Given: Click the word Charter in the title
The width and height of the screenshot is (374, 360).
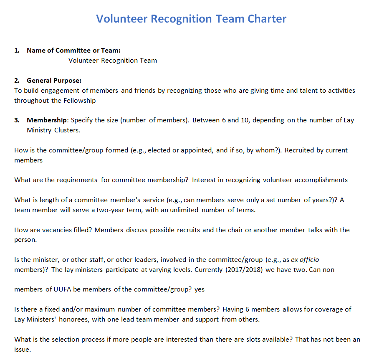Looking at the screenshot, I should [x=267, y=19].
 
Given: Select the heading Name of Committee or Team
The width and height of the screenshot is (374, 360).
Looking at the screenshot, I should [x=73, y=51].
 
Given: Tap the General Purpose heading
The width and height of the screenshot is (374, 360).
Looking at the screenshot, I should [x=54, y=81].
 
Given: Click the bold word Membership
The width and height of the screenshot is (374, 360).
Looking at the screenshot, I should [x=47, y=120].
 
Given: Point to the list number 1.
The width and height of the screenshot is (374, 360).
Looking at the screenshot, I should [x=17, y=51].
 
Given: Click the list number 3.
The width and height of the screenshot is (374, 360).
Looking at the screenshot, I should [x=17, y=120].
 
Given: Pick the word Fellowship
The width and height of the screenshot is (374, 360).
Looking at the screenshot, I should [x=79, y=101].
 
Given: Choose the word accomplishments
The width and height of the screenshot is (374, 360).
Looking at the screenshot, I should [x=321, y=180].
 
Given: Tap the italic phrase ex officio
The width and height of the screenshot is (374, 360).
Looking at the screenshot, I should [x=305, y=260].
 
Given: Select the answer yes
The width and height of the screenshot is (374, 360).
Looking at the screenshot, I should [x=200, y=289].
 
